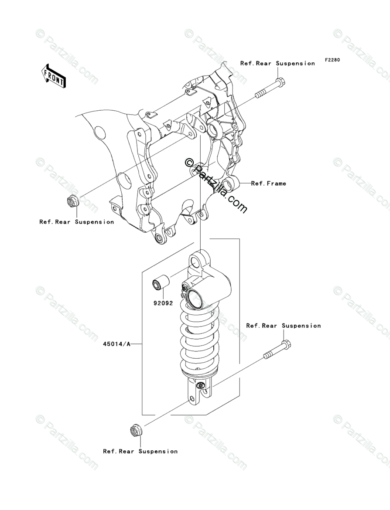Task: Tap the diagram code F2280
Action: click(x=332, y=60)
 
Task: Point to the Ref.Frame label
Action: click(x=269, y=184)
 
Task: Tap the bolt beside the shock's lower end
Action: click(x=277, y=350)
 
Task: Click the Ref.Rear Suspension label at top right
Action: click(x=277, y=64)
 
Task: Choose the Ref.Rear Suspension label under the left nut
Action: click(x=77, y=222)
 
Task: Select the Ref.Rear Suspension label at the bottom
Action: click(x=140, y=451)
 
